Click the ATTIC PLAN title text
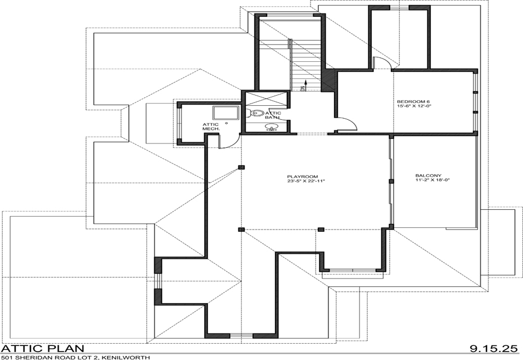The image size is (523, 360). (43, 349)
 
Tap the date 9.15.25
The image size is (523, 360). (493, 349)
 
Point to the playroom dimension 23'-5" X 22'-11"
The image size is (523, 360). (306, 181)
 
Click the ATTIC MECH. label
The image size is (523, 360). (211, 127)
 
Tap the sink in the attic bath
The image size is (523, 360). (273, 127)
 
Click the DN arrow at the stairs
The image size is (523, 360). (304, 85)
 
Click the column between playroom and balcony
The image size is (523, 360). (391, 181)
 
